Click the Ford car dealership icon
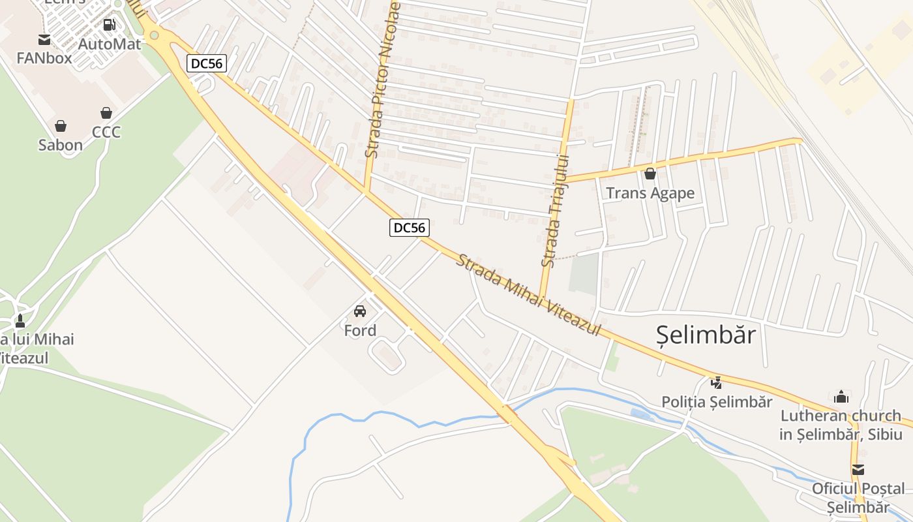pos(360,311)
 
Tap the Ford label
pos(360,331)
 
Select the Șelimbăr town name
pos(706,335)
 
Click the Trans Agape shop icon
pos(650,174)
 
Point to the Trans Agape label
pos(650,193)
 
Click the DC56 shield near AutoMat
pos(206,63)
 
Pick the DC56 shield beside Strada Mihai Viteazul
pos(410,228)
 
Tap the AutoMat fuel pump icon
pos(109,25)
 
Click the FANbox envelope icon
pos(44,40)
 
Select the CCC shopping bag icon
pos(106,113)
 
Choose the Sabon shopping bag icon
pos(61,126)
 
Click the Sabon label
pos(61,145)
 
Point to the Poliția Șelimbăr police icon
pos(717,382)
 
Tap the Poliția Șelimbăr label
pos(717,402)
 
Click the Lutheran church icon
pos(841,396)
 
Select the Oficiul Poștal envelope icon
pos(858,470)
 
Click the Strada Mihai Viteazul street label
pos(528,296)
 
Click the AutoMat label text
pos(109,44)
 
